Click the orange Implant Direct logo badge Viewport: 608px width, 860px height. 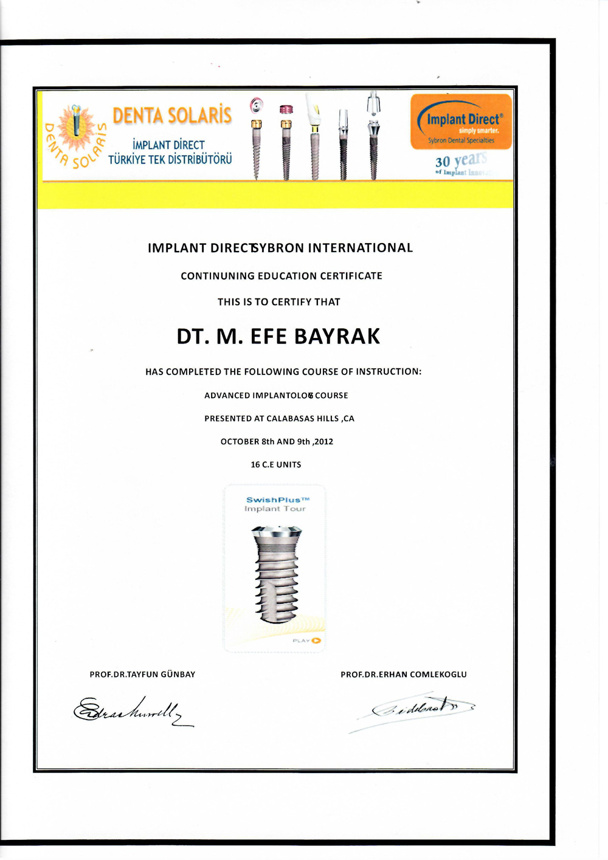coord(461,122)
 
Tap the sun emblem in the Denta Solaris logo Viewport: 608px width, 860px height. coord(75,128)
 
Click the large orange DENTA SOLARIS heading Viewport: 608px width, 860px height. coord(172,115)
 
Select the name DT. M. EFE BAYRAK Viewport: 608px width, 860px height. coord(278,337)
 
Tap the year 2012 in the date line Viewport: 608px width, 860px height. coord(323,442)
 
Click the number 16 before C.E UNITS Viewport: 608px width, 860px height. coord(255,465)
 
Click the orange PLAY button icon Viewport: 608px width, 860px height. coord(316,641)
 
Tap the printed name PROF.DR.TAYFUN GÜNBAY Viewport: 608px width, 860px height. coord(142,675)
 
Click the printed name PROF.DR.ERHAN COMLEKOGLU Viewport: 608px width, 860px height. coord(404,675)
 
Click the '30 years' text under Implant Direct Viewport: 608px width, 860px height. coord(461,161)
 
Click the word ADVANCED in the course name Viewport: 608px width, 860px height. coord(227,396)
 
